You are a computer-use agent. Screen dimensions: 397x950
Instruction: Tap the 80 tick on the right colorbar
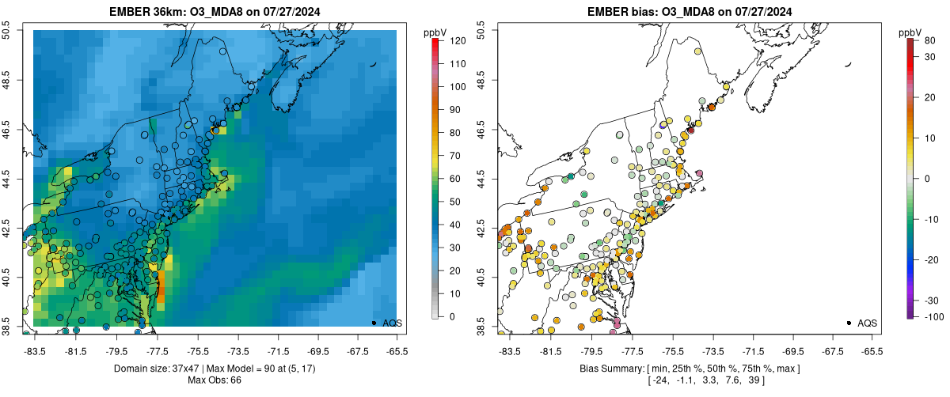(x=927, y=40)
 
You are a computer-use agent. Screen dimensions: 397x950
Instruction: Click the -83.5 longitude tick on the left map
(x=34, y=351)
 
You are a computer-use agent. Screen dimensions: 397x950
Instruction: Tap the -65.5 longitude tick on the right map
(x=872, y=351)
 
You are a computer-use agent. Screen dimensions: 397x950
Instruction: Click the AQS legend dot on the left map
(x=374, y=323)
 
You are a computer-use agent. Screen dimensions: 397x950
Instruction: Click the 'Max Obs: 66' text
(x=215, y=380)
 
